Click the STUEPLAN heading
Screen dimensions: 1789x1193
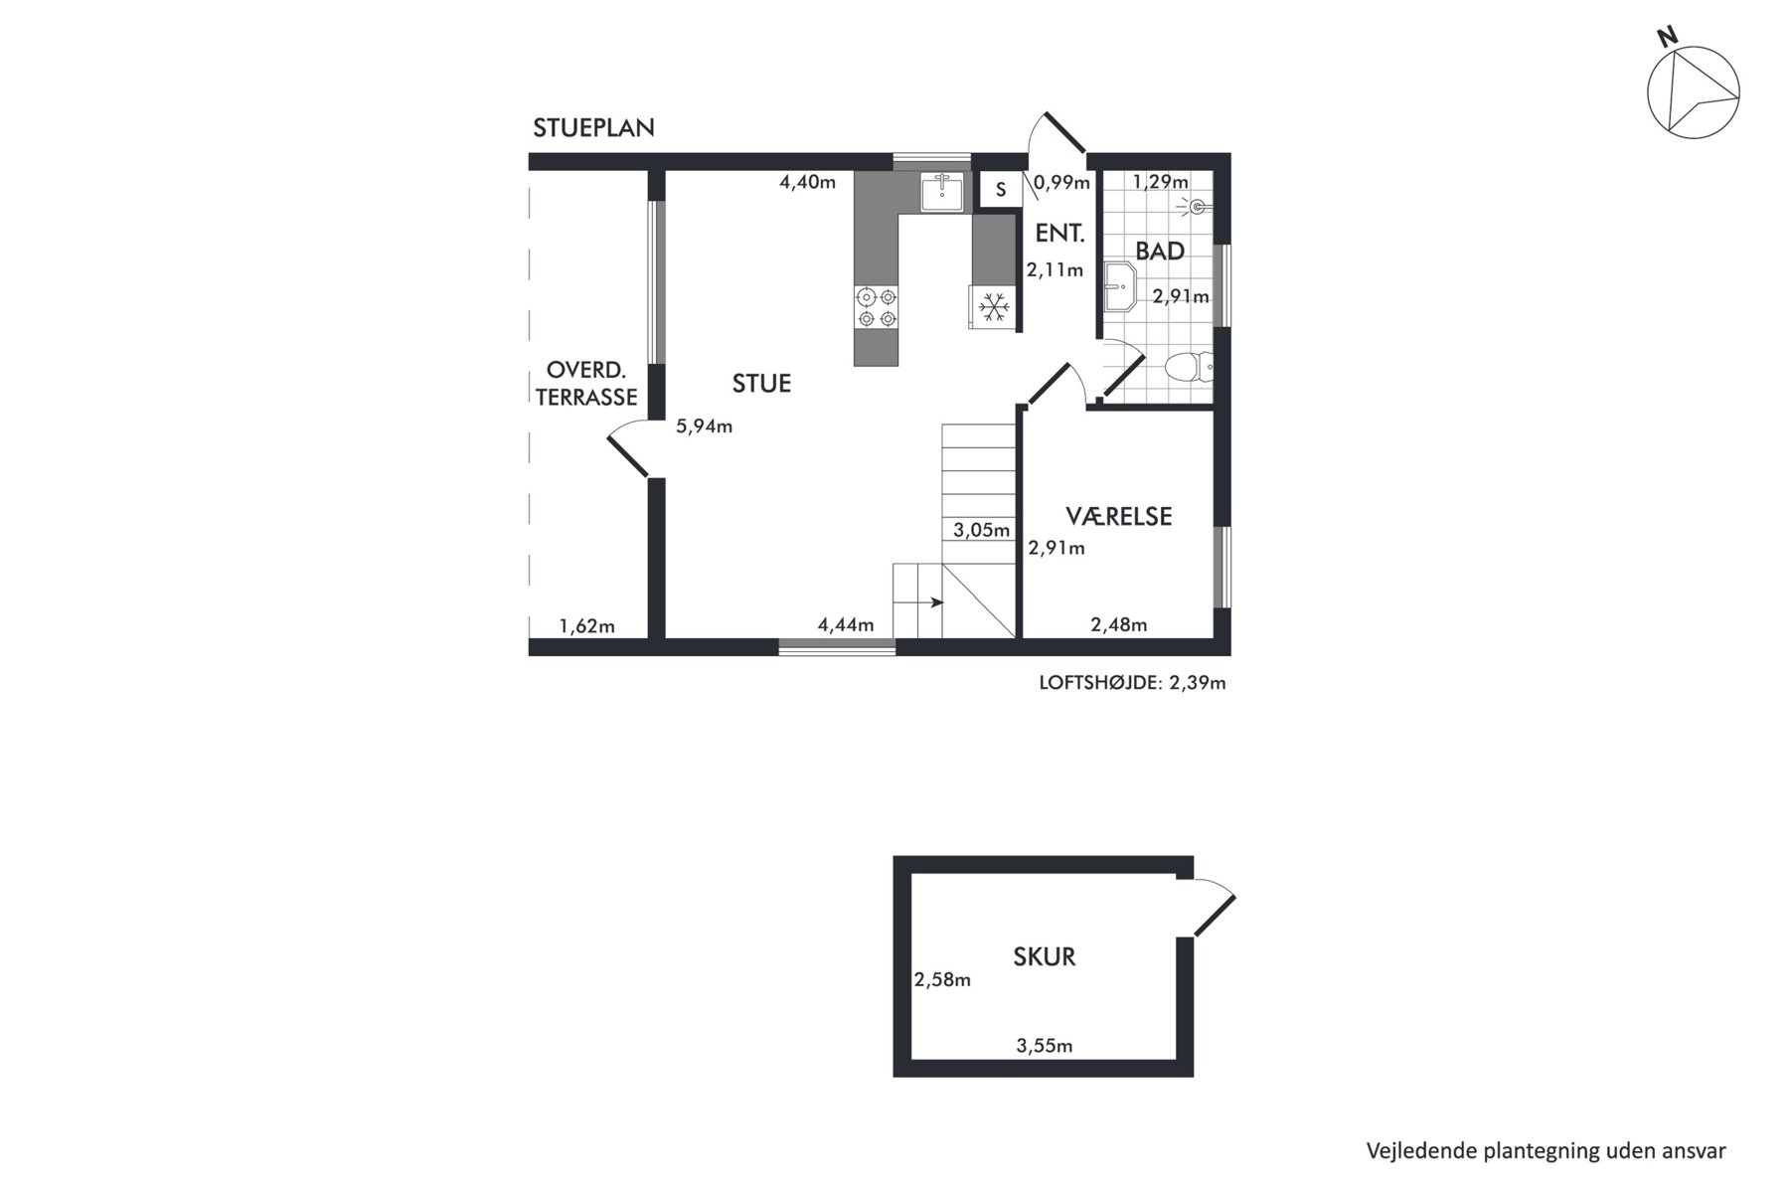pyautogui.click(x=593, y=128)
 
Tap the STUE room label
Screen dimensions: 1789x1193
pyautogui.click(x=761, y=384)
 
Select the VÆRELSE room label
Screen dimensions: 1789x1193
pyautogui.click(x=1118, y=516)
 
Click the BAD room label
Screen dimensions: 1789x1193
pyautogui.click(x=1160, y=252)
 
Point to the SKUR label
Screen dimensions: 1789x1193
pyautogui.click(x=1044, y=956)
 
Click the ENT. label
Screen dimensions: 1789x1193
pyautogui.click(x=1059, y=234)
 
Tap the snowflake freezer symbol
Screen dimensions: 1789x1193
pyautogui.click(x=993, y=307)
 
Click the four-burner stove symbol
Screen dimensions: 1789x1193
pyautogui.click(x=876, y=307)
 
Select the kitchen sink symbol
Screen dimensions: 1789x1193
pyautogui.click(x=940, y=192)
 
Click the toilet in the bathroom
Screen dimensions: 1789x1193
pyautogui.click(x=1189, y=367)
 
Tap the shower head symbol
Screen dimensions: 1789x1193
pyautogui.click(x=1194, y=207)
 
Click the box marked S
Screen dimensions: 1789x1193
pyautogui.click(x=1001, y=190)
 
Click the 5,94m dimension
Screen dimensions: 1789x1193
pyautogui.click(x=704, y=426)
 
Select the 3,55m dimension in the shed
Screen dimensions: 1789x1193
pyautogui.click(x=1044, y=1046)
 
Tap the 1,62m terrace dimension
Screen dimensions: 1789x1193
pyautogui.click(x=586, y=626)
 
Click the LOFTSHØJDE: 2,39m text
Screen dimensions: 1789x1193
pyautogui.click(x=1132, y=683)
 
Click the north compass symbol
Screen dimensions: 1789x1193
pyautogui.click(x=1693, y=91)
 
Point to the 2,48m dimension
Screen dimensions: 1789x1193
pyautogui.click(x=1118, y=625)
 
